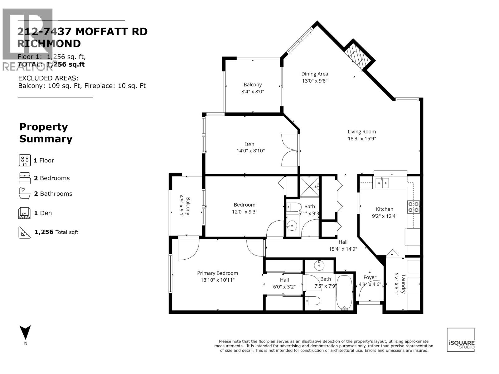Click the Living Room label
point(362,132)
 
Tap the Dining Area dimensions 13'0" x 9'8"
point(314,81)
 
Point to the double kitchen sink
point(382,183)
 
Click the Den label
point(249,144)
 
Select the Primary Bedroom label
point(217,273)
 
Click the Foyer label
point(370,277)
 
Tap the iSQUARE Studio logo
point(461,340)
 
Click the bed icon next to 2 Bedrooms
point(25,178)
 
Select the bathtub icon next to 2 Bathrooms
point(25,194)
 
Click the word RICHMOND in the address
point(49,44)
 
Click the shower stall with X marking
point(309,186)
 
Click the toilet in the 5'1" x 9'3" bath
point(293,207)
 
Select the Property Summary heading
point(46,133)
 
